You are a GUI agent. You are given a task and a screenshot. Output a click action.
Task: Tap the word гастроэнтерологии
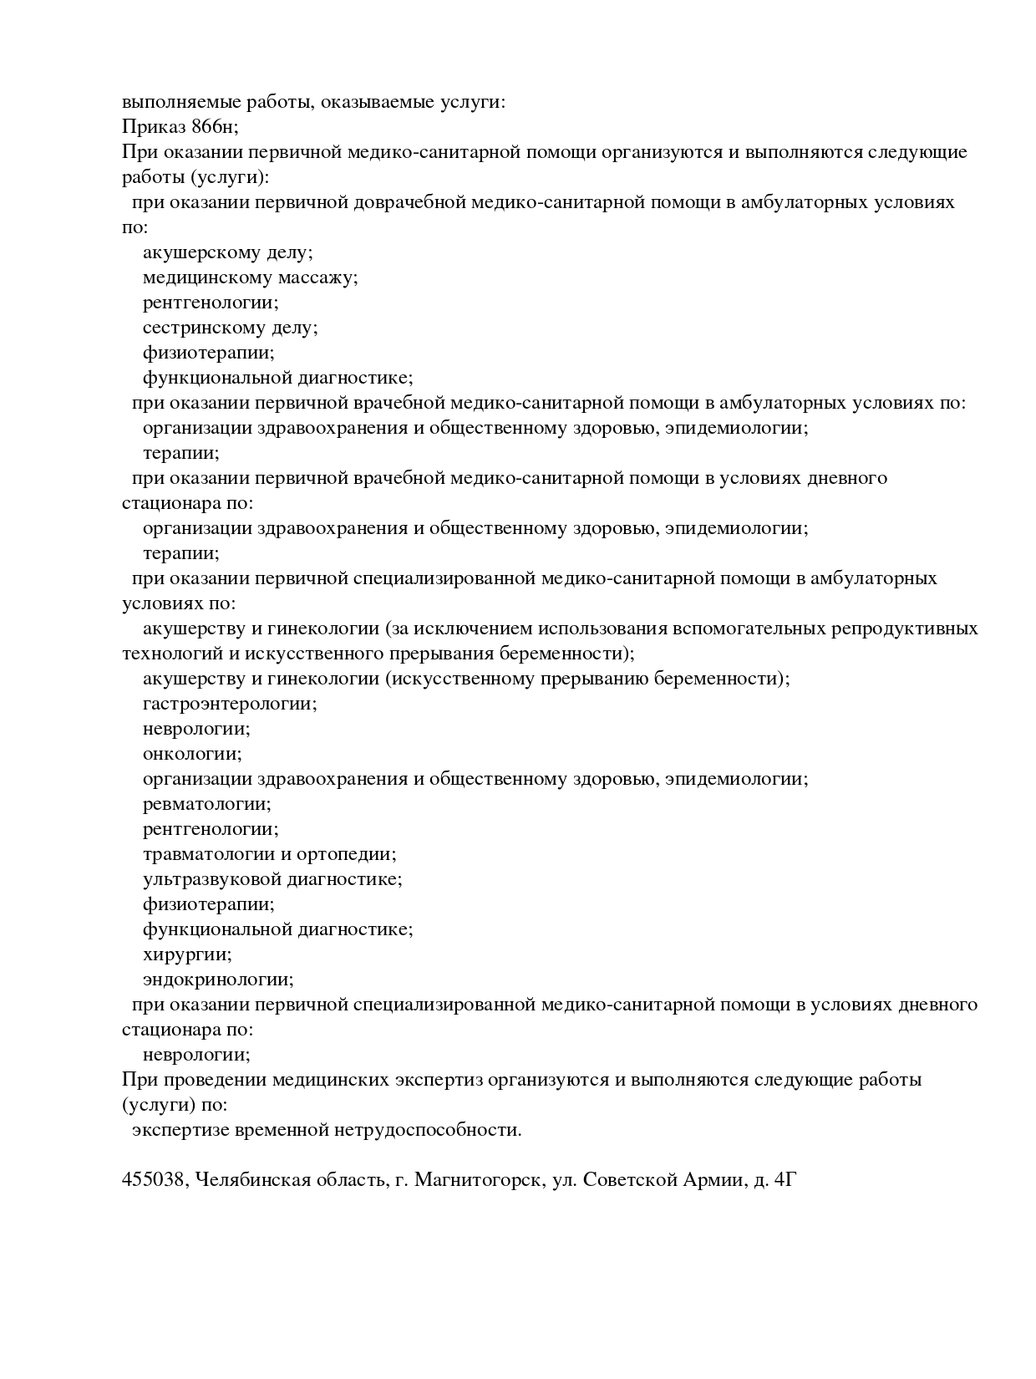pos(230,704)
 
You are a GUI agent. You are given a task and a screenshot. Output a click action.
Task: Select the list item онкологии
pos(192,754)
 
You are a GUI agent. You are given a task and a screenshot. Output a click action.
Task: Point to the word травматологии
pos(208,854)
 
